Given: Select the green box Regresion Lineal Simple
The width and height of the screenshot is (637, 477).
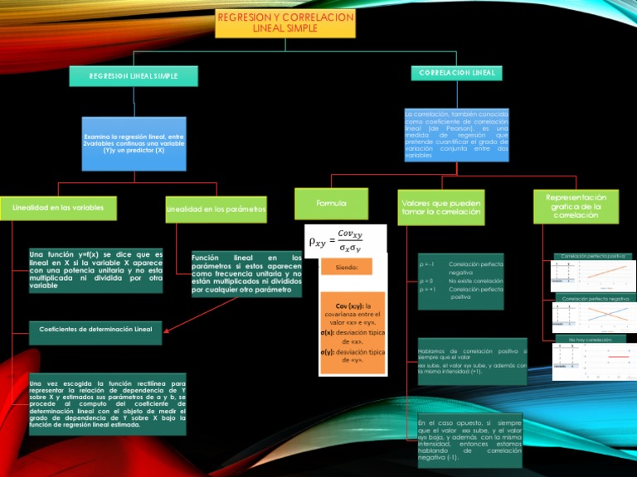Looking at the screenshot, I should [134, 76].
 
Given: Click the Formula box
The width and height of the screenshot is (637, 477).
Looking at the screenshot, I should [331, 203].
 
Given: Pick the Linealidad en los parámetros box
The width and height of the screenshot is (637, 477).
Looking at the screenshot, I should [216, 210].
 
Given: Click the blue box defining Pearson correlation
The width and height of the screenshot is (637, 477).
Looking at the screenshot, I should [456, 134].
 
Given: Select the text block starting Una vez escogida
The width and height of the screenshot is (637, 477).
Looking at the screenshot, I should [107, 407].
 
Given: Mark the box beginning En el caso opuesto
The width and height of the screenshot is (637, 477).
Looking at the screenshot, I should [469, 440].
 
